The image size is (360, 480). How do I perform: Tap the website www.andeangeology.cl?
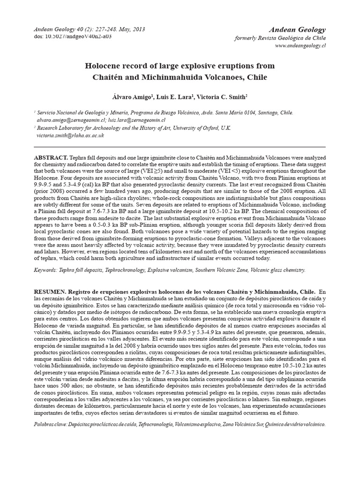tap(300, 45)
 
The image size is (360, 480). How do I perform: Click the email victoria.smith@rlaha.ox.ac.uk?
tap(70, 135)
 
